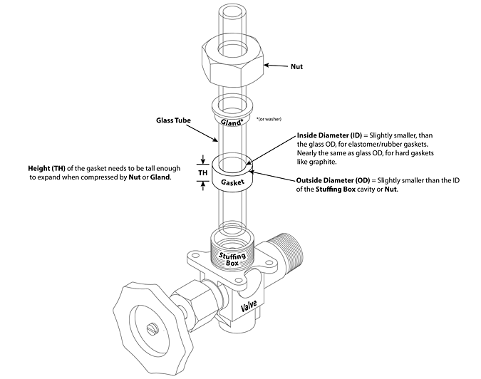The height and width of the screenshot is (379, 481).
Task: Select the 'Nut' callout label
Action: (x=298, y=67)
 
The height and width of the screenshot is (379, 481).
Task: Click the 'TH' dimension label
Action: (x=202, y=172)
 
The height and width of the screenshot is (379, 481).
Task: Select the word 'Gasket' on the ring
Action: (x=233, y=182)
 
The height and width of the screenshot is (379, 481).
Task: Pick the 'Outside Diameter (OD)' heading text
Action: (x=328, y=180)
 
